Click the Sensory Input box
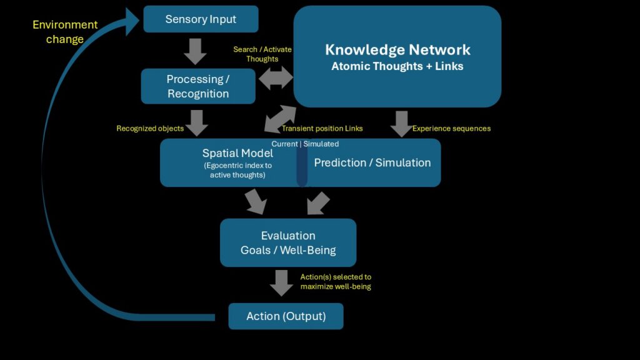201,19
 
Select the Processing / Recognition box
198,86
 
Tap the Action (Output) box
286,316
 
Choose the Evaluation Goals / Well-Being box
288,243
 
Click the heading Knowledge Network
397,50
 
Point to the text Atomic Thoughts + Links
397,66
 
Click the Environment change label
65,32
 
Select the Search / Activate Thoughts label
262,54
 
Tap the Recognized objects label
150,129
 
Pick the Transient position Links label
322,129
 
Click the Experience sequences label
451,129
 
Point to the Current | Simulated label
305,144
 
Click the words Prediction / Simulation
372,163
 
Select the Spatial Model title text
237,154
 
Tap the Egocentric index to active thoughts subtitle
237,170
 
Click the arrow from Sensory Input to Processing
195,51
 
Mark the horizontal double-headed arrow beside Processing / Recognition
276,78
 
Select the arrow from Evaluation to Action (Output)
281,283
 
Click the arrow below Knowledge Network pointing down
402,124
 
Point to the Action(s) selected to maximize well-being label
336,282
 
